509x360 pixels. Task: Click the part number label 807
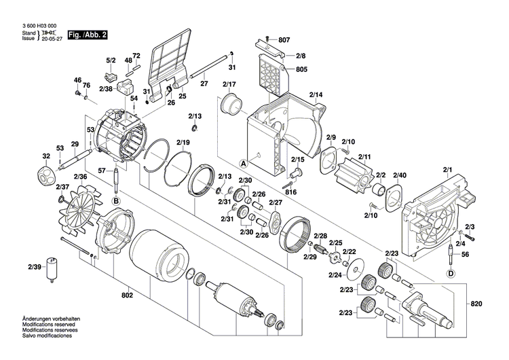[283, 39]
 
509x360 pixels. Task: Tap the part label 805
[282, 69]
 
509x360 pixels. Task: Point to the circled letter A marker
[242, 163]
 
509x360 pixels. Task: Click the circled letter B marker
[115, 201]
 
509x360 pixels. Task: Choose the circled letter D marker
[450, 274]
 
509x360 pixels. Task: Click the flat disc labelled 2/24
[353, 274]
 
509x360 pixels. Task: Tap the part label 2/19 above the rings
[183, 142]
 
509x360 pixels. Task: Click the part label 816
[291, 192]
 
